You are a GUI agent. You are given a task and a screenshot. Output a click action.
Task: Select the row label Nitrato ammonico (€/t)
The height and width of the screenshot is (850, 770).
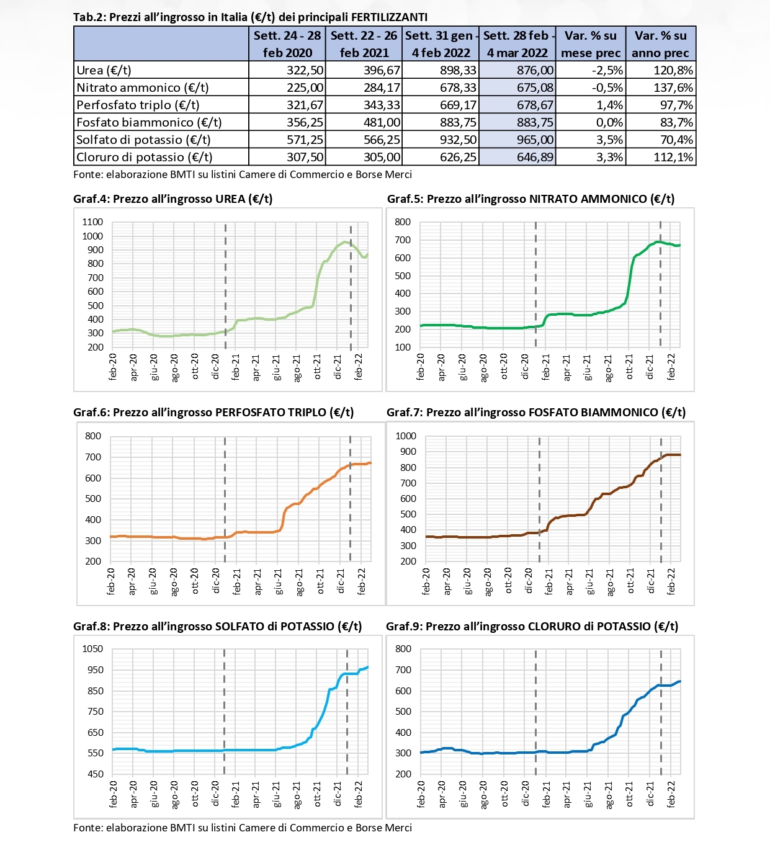pos(142,87)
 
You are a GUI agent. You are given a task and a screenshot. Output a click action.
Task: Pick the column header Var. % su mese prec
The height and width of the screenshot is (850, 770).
pos(590,44)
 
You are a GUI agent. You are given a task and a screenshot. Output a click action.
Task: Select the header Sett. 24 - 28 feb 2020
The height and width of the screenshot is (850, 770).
pos(287,44)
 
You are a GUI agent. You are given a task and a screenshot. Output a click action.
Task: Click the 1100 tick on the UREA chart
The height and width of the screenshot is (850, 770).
pos(92,222)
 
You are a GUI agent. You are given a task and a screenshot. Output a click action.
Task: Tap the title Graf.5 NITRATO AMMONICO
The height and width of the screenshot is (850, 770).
pos(530,199)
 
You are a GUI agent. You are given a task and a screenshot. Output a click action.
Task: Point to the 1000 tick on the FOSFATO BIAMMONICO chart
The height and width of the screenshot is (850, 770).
pos(406,436)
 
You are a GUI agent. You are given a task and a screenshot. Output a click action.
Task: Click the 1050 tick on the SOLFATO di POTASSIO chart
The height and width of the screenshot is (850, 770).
pos(92,649)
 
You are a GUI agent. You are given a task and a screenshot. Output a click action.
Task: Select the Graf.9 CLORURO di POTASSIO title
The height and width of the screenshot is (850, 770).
pos(532,626)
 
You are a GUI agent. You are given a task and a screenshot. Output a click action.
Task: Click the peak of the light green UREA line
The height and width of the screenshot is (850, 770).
pos(345,242)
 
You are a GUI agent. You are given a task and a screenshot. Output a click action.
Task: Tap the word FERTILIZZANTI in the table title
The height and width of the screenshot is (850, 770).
pos(390,17)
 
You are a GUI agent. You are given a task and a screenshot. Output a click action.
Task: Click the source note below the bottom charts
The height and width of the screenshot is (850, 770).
pos(243,828)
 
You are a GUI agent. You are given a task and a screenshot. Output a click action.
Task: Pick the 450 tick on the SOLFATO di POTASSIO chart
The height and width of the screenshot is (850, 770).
pos(95,774)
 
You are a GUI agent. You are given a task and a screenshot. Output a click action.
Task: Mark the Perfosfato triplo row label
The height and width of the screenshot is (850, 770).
pos(138,105)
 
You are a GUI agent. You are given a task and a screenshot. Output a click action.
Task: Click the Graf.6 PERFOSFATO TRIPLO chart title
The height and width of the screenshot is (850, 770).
pos(213,413)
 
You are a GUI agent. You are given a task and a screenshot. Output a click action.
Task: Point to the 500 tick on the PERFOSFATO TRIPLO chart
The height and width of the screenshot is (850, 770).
pos(93,499)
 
